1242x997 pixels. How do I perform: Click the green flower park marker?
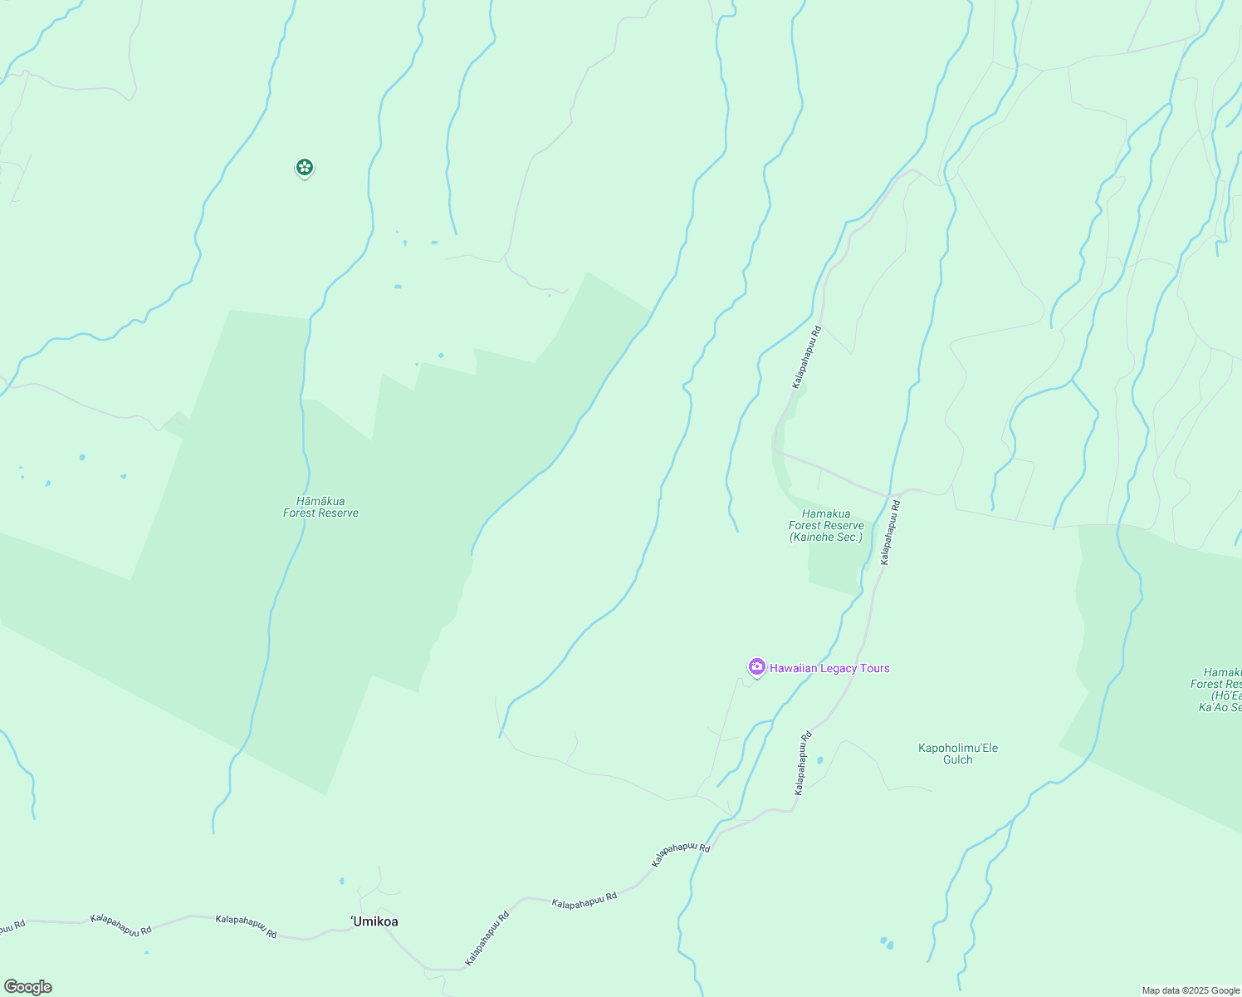[x=305, y=168]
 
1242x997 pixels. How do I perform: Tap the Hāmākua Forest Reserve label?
[x=320, y=507]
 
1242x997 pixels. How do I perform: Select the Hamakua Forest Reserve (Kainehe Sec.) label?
[x=826, y=526]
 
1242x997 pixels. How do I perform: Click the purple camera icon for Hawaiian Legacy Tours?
[x=756, y=667]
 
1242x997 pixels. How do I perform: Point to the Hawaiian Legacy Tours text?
[x=829, y=668]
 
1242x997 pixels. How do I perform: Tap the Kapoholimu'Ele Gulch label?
[x=957, y=754]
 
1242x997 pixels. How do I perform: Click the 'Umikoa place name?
[x=374, y=921]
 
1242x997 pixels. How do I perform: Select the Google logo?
[x=28, y=986]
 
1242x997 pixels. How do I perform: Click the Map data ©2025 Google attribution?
[x=1190, y=990]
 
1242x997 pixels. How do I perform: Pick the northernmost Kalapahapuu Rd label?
[x=806, y=357]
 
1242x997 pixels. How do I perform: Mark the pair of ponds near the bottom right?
[x=887, y=943]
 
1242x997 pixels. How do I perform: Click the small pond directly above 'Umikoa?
[x=341, y=881]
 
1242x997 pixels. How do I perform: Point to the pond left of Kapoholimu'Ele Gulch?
[x=819, y=759]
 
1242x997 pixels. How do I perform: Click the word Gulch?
[x=957, y=760]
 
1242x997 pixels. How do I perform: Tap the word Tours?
[x=873, y=668]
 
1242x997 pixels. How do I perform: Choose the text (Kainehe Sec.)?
[x=826, y=538]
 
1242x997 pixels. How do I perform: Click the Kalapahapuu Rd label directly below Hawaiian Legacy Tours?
[x=801, y=764]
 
